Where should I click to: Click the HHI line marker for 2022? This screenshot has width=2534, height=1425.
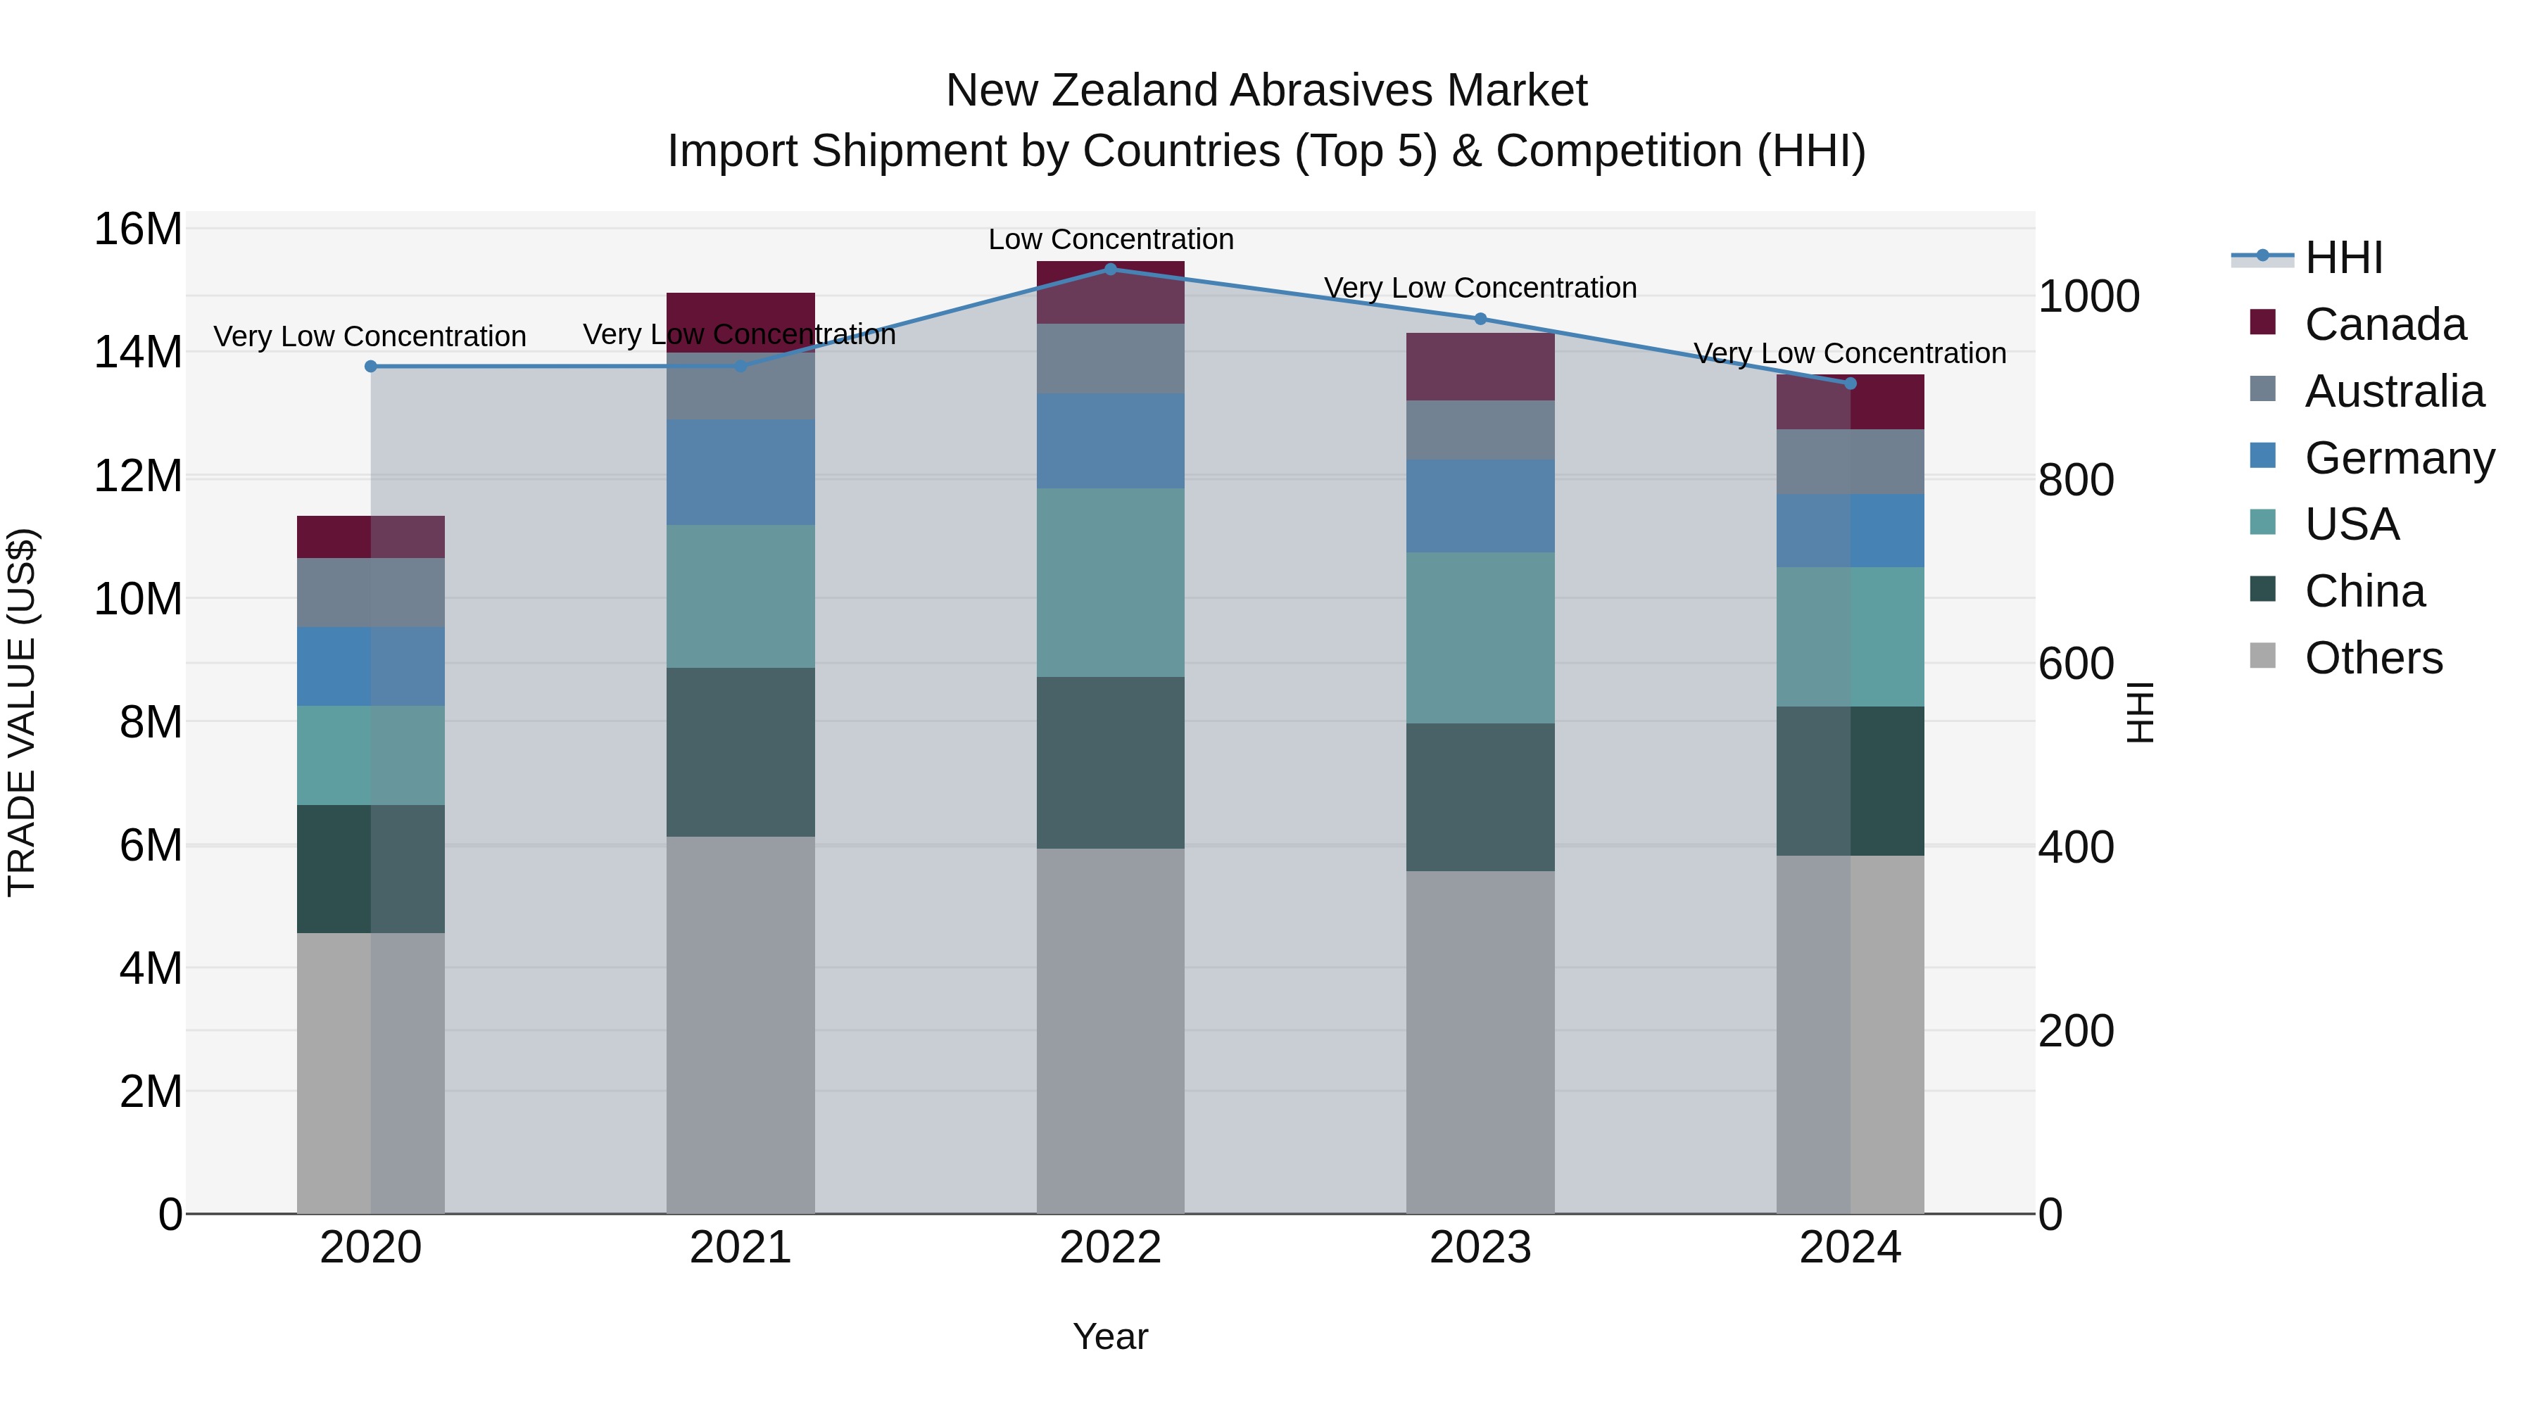(x=1111, y=269)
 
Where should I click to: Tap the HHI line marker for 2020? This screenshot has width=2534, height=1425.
(x=371, y=367)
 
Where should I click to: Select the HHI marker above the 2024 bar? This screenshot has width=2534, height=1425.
(x=1851, y=384)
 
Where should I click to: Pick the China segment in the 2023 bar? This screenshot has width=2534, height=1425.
(x=1480, y=797)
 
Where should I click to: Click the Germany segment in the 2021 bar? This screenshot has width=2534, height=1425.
(x=740, y=472)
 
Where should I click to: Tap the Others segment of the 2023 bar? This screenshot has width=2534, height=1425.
(x=1480, y=1042)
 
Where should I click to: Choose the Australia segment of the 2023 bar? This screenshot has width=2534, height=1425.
(x=1480, y=430)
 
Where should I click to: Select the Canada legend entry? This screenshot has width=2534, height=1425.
(x=2385, y=324)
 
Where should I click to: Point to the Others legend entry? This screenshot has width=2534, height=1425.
(x=2373, y=658)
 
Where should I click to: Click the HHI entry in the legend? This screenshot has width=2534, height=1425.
(x=2343, y=258)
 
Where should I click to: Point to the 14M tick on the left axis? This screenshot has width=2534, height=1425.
(x=138, y=352)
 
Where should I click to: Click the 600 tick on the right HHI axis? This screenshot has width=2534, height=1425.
(x=2076, y=664)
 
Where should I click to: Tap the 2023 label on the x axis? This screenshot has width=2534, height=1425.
(x=1480, y=1248)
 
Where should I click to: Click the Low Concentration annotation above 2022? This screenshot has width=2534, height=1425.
(x=1111, y=239)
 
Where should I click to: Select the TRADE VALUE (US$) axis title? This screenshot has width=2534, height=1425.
(x=22, y=712)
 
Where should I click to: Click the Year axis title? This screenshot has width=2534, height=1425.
(x=1111, y=1336)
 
